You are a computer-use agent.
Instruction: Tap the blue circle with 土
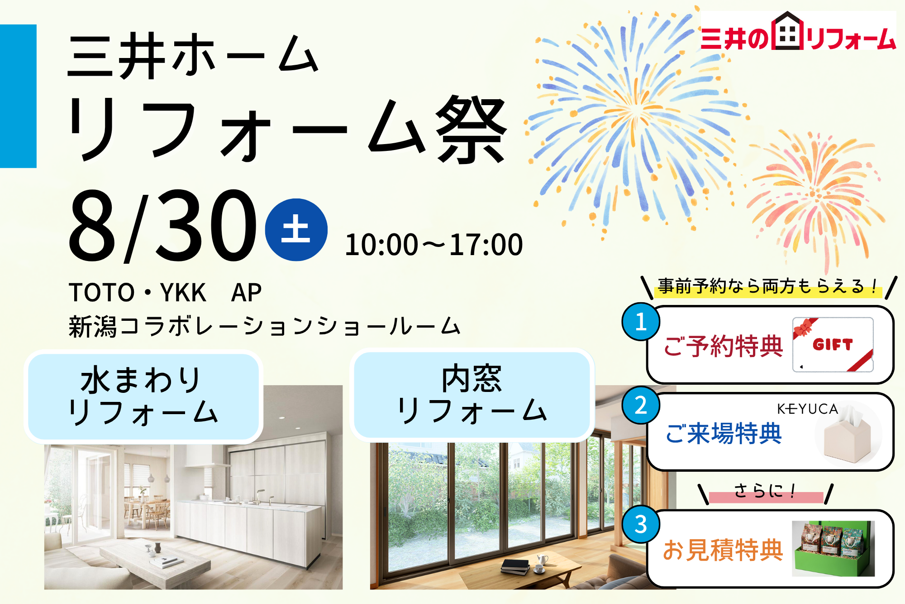point(296,230)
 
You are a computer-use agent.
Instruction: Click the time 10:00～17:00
point(434,245)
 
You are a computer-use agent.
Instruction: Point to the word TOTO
point(102,292)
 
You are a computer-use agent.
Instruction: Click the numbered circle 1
point(641,322)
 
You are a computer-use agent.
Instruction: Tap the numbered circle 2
point(641,405)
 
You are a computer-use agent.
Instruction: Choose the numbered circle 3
point(641,524)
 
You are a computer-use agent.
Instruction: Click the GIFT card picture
point(833,344)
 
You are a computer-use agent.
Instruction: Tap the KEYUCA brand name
point(808,409)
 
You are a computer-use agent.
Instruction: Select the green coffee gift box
point(833,548)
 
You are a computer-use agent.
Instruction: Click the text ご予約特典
point(723,346)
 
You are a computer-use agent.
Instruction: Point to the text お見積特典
point(723,550)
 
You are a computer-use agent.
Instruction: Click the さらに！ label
point(765,491)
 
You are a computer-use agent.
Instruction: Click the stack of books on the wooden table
point(515,566)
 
